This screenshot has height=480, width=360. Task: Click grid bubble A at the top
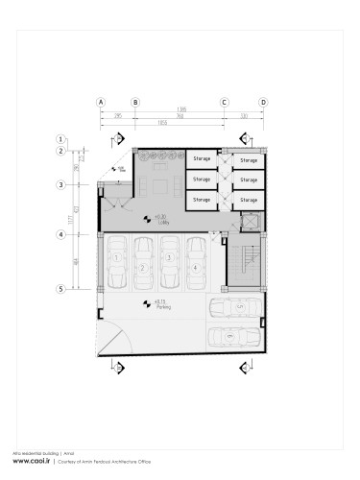tap(100, 101)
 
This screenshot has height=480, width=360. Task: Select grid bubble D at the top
tap(263, 101)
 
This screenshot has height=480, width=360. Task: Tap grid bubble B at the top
tap(135, 101)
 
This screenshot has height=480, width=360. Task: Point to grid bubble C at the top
tap(225, 101)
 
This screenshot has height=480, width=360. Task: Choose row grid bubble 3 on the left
tap(60, 184)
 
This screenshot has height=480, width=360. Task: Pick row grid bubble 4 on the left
tap(60, 234)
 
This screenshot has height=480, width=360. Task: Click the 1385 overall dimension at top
tap(180, 110)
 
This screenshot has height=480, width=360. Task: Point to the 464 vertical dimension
tap(76, 261)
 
